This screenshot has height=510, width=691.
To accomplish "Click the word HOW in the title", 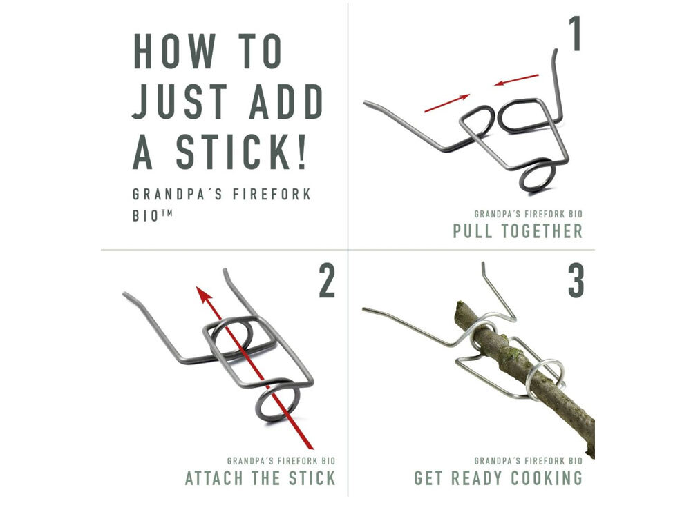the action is pyautogui.click(x=175, y=51).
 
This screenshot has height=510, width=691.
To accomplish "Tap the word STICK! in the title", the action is pyautogui.click(x=240, y=152).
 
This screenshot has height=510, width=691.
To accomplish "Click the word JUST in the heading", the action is pyautogui.click(x=180, y=101).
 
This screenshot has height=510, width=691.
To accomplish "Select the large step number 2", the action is pyautogui.click(x=327, y=280).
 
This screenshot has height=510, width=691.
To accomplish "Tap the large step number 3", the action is pyautogui.click(x=576, y=280).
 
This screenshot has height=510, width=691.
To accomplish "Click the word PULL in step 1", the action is pyautogui.click(x=473, y=231).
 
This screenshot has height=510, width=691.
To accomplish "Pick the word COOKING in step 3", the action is pyautogui.click(x=547, y=478).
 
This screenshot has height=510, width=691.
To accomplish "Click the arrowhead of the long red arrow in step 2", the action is pyautogui.click(x=204, y=295).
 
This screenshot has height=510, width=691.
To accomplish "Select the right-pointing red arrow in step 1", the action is pyautogui.click(x=447, y=103).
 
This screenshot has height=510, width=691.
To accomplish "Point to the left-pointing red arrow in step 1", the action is pyautogui.click(x=516, y=79).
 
